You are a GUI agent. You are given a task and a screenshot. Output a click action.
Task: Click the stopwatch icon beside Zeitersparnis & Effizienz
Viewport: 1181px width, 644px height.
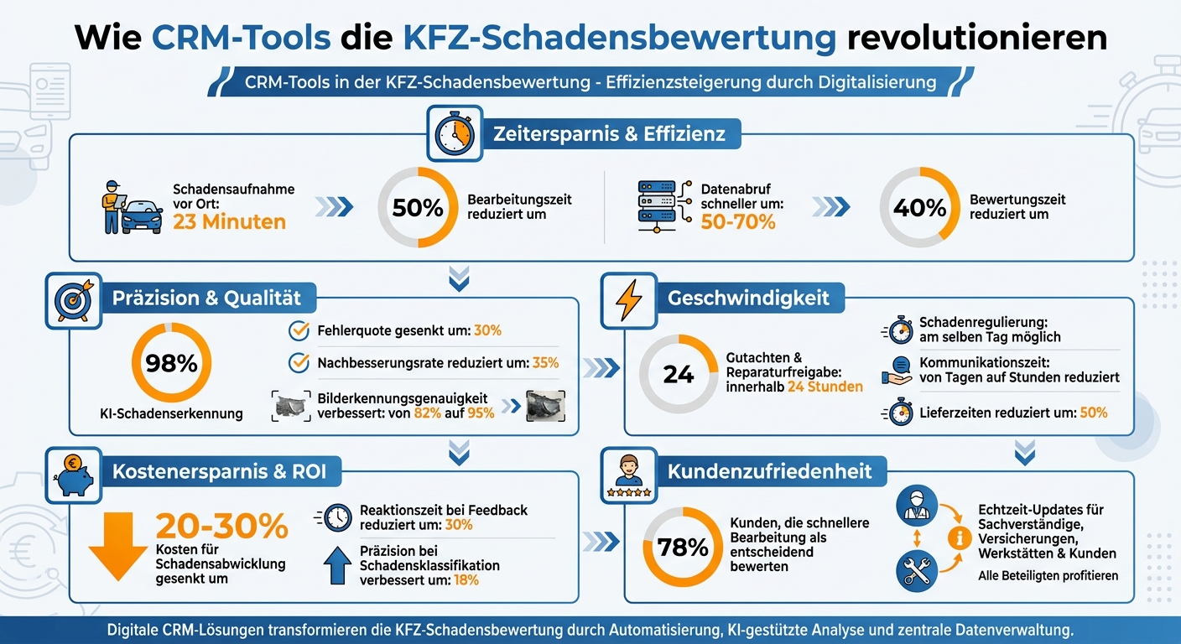pos(454,133)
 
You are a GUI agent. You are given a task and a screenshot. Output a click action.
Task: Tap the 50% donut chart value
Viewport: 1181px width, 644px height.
pos(418,208)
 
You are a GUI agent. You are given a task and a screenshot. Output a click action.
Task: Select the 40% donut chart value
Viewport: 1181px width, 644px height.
pos(919,208)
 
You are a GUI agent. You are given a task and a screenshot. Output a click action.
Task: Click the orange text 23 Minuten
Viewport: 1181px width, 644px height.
pos(229,222)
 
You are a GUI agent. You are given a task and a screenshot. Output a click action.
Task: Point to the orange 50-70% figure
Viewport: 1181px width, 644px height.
pos(738,222)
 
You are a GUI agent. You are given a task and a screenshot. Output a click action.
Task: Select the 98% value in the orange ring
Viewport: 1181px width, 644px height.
pos(171,363)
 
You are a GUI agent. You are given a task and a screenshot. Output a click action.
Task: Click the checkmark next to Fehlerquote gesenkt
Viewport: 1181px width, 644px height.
pos(298,330)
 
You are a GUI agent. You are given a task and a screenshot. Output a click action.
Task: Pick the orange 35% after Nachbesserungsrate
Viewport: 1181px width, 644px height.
pos(545,363)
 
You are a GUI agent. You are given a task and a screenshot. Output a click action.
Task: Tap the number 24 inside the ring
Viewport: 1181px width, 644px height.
pos(678,375)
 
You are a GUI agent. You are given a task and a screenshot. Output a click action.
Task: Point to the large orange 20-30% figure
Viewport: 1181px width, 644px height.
pos(221,527)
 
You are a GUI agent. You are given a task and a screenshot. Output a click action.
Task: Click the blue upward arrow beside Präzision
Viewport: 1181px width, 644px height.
pos(337,568)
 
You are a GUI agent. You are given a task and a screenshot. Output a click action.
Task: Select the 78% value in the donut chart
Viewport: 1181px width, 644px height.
pos(683,548)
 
